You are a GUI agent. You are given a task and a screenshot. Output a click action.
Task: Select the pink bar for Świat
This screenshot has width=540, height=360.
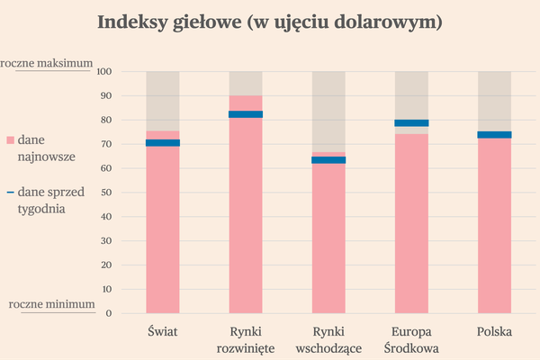pyautogui.click(x=163, y=225)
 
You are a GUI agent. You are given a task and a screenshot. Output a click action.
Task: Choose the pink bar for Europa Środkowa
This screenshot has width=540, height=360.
pyautogui.click(x=411, y=225)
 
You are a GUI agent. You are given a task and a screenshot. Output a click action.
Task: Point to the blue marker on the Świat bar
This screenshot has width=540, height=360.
pyautogui.click(x=163, y=143)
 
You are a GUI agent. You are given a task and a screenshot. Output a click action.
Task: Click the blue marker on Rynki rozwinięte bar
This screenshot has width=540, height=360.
pyautogui.click(x=246, y=114)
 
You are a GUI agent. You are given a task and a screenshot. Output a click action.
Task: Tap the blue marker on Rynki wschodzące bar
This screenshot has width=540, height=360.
pyautogui.click(x=328, y=160)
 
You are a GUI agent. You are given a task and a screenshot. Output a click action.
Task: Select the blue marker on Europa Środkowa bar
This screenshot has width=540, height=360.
pyautogui.click(x=411, y=123)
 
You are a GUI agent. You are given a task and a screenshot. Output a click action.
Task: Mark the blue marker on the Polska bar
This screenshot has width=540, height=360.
pyautogui.click(x=494, y=135)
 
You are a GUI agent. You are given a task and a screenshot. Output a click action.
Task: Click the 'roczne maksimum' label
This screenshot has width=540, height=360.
pyautogui.click(x=47, y=63)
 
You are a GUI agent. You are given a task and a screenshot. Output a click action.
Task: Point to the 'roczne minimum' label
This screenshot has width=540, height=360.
pyautogui.click(x=51, y=304)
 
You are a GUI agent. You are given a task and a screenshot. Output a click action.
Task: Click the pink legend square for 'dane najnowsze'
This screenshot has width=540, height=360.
pyautogui.click(x=11, y=140)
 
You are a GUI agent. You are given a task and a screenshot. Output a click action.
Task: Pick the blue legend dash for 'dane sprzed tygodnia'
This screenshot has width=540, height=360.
pyautogui.click(x=10, y=192)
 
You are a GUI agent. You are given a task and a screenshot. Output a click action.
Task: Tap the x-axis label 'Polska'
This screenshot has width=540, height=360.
pyautogui.click(x=494, y=331)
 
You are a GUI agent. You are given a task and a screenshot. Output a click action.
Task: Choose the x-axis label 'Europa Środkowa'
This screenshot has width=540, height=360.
pyautogui.click(x=411, y=339)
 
